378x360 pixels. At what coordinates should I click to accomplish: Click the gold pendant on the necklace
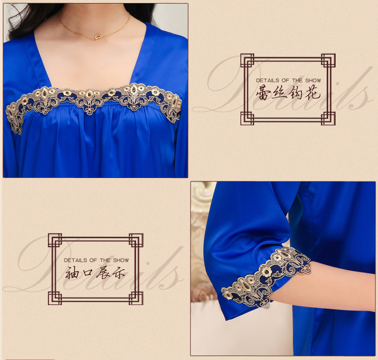(98, 37)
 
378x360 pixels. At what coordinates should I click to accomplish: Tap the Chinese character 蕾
(264, 93)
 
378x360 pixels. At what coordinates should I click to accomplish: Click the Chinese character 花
(312, 93)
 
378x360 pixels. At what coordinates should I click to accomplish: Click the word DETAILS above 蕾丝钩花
(268, 80)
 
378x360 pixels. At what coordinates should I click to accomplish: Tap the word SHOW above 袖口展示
(121, 260)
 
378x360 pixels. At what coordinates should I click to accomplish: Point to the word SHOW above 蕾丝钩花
(313, 80)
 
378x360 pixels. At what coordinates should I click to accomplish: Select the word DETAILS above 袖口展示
(76, 260)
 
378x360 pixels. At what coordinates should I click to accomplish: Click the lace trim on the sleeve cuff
(267, 277)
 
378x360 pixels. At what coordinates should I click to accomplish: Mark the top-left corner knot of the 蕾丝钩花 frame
(247, 61)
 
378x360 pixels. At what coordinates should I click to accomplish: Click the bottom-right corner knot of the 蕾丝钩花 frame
(328, 118)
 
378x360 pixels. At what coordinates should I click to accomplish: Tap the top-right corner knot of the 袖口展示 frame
(136, 240)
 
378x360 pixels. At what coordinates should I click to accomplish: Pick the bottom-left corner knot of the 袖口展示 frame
(55, 298)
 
